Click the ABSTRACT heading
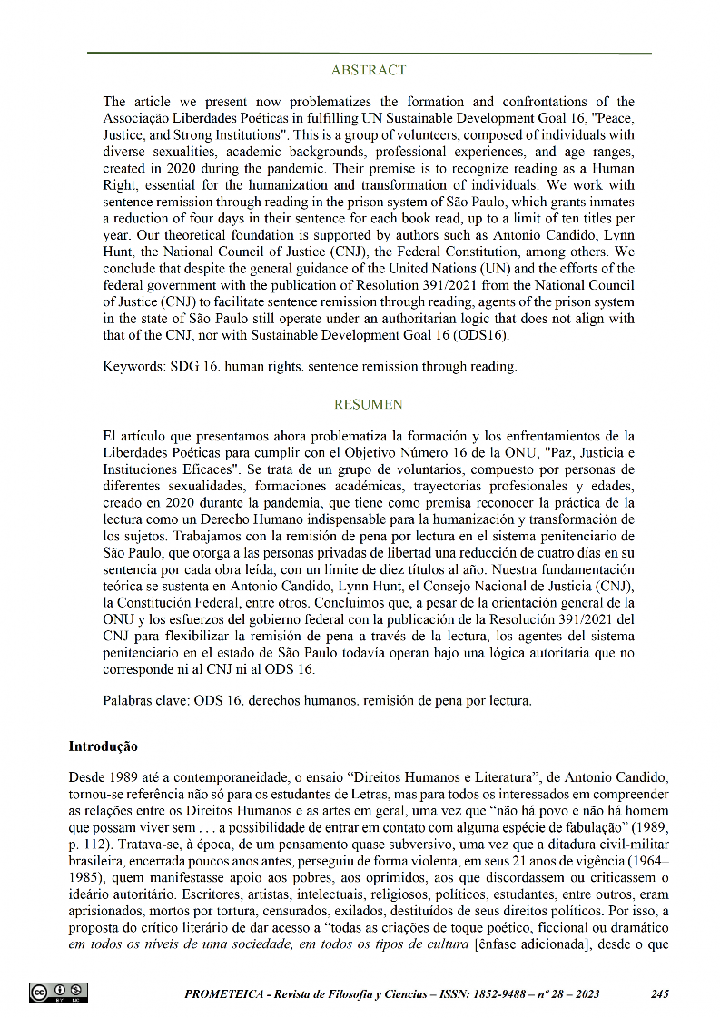coord(369,70)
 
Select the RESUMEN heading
coord(369,403)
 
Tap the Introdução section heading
coord(103,746)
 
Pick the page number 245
coord(660,994)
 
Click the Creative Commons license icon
coord(58,993)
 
